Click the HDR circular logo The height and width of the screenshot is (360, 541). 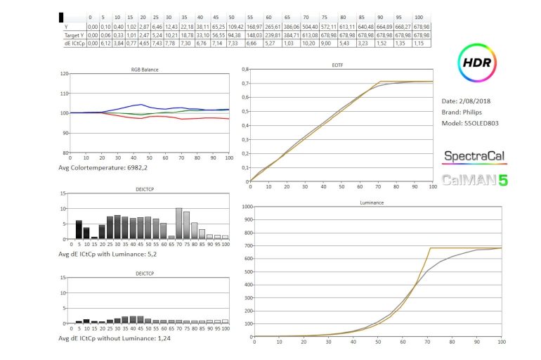[478, 63]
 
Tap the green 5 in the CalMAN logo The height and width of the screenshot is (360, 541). [503, 180]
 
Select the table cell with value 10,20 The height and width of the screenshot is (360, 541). [307, 43]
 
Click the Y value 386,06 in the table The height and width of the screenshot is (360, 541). [288, 25]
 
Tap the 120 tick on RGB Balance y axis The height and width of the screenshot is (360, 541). [65, 73]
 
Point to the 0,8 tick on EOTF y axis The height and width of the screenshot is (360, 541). [244, 70]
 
